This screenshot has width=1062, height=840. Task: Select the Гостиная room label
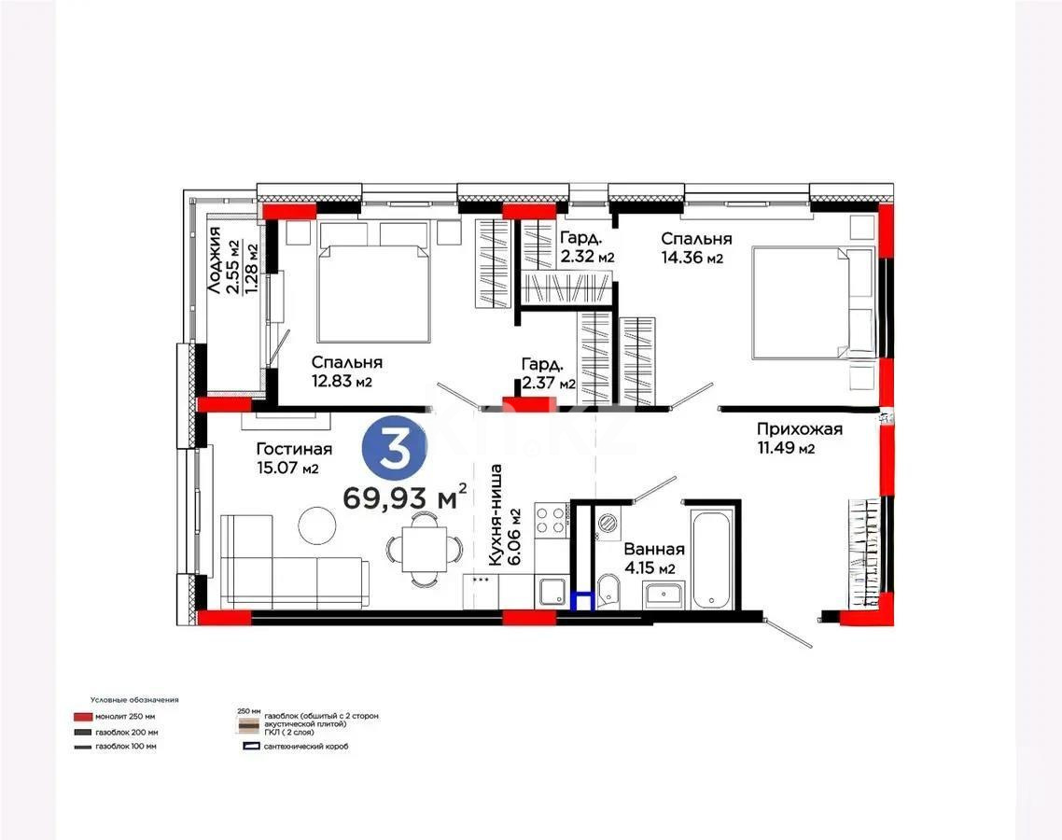(x=293, y=449)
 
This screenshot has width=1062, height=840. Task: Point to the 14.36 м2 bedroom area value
(x=692, y=258)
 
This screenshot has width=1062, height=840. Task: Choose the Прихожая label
(x=799, y=429)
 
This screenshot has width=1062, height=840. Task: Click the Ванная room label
(x=654, y=550)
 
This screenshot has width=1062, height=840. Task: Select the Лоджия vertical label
(x=215, y=261)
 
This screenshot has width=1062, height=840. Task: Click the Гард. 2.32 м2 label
(x=586, y=247)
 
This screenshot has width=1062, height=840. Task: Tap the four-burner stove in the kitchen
(x=551, y=519)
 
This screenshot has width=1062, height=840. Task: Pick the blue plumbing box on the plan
(x=583, y=602)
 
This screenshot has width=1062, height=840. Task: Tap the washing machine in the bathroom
(x=608, y=525)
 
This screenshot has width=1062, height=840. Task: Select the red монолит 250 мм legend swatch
(x=82, y=718)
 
